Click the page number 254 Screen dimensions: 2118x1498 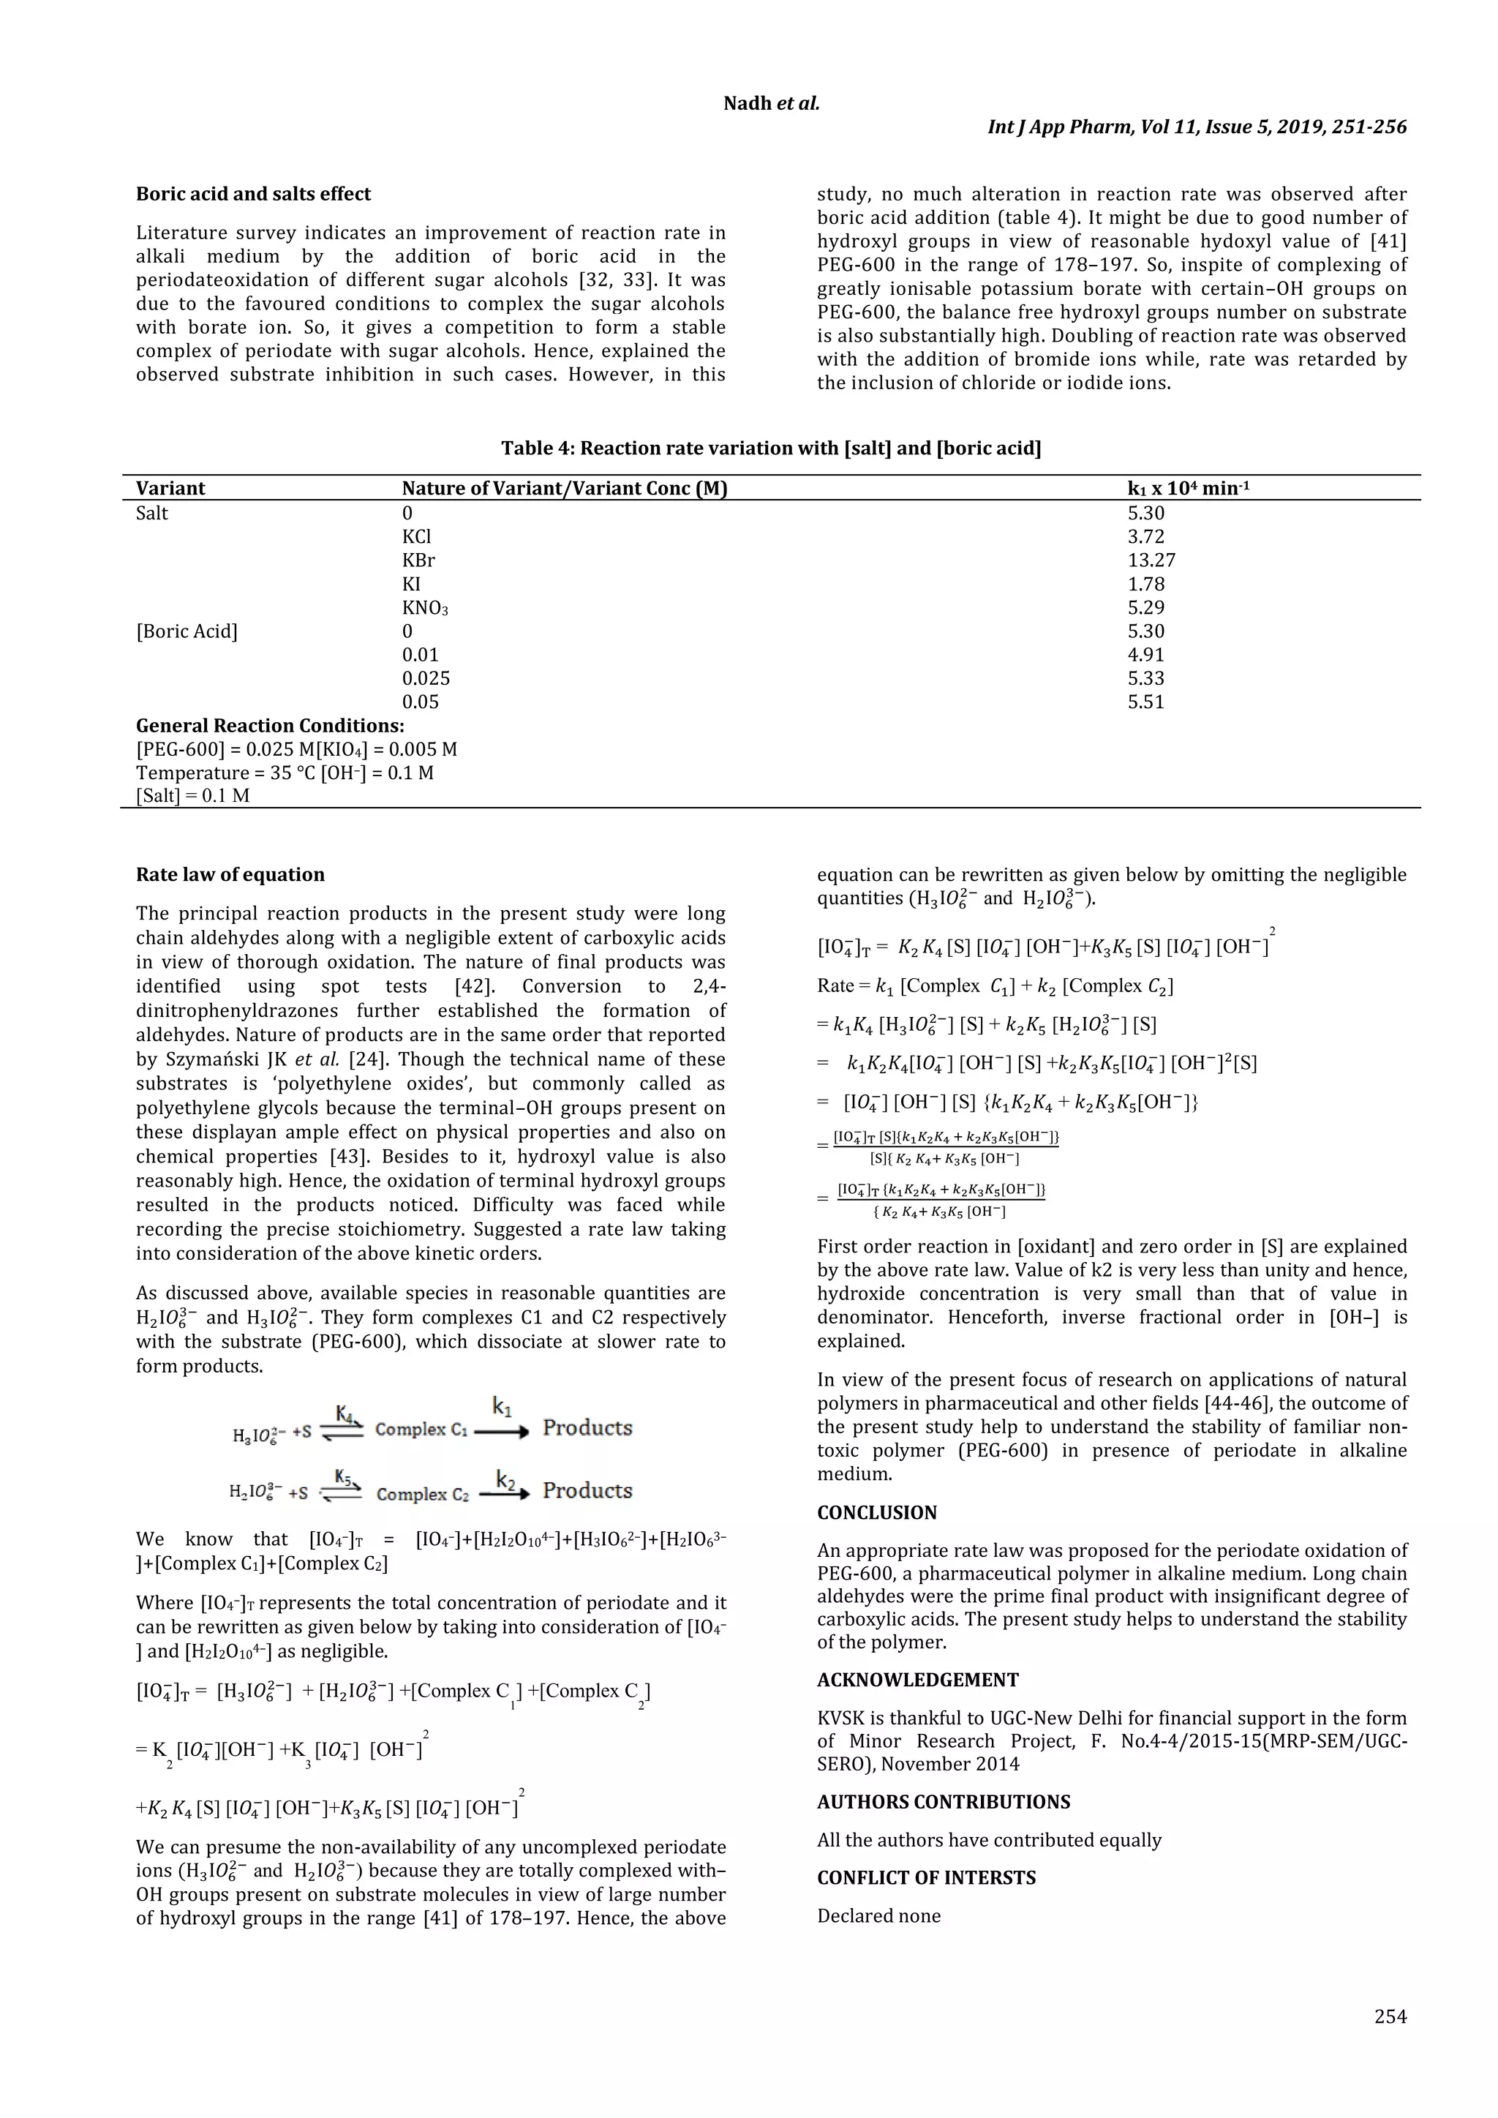(x=1390, y=2016)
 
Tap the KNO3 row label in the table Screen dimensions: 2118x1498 (x=425, y=608)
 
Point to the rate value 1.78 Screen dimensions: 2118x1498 (x=1145, y=584)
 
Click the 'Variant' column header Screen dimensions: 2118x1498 (x=170, y=488)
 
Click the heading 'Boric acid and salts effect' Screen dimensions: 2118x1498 (x=254, y=194)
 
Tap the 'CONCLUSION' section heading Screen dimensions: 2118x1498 (x=876, y=1512)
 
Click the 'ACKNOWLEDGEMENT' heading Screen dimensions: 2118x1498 (x=917, y=1680)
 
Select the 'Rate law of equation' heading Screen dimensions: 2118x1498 (x=230, y=874)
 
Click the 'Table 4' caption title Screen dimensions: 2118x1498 (x=771, y=448)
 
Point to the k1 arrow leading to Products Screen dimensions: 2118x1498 (x=502, y=1431)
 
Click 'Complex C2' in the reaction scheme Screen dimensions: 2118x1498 (x=423, y=1495)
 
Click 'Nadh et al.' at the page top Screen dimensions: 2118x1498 (x=771, y=103)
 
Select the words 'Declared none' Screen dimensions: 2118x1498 (x=879, y=1916)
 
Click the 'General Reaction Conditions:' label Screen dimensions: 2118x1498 (x=270, y=725)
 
